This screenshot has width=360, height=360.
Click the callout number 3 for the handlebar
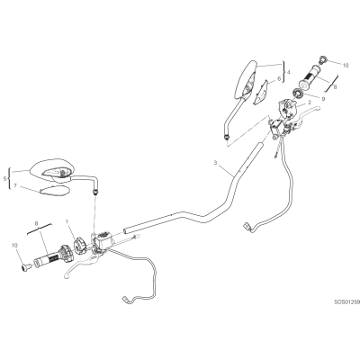[x=215, y=163]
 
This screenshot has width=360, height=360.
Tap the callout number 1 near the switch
[x=67, y=221]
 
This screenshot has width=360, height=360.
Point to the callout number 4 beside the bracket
[x=288, y=72]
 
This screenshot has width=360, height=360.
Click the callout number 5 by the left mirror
[x=4, y=179]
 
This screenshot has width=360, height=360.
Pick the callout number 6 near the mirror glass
[x=279, y=78]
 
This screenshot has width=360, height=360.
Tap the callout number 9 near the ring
[x=323, y=97]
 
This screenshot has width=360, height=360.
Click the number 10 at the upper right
[x=346, y=65]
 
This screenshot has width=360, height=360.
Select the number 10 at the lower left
[x=15, y=246]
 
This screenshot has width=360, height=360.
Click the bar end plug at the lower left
[x=26, y=266]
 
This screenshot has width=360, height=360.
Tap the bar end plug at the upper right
[x=323, y=59]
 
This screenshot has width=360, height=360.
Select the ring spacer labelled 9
[x=299, y=94]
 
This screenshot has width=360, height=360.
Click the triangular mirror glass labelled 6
[x=261, y=92]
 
